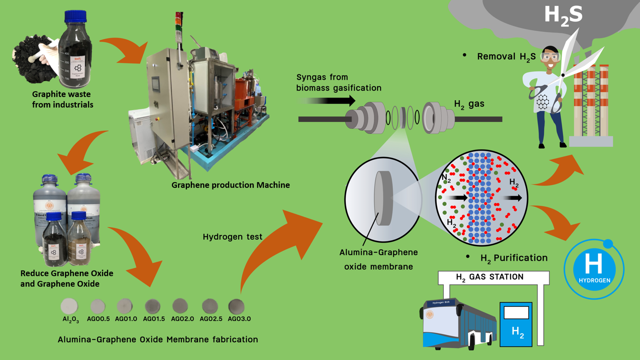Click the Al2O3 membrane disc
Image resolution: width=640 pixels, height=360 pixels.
click(69, 306)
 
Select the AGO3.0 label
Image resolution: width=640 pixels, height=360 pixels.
click(239, 319)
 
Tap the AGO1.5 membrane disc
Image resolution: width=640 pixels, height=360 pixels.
click(153, 306)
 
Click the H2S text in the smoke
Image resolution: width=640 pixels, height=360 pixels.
click(563, 15)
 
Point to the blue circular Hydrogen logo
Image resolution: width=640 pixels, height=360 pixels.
click(594, 269)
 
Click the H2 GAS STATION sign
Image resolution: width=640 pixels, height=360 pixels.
click(490, 277)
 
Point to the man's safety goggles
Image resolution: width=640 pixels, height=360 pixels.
click(550, 57)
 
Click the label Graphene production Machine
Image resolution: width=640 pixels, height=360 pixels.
click(231, 185)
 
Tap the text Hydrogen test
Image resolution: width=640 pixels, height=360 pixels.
click(232, 237)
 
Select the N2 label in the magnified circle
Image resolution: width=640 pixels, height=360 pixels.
click(446, 179)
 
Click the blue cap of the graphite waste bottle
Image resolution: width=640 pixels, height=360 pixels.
click(75, 17)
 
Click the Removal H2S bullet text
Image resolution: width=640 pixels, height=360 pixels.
click(506, 57)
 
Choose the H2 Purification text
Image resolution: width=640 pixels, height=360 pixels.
click(514, 258)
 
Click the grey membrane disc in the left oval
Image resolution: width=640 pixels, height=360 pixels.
click(383, 198)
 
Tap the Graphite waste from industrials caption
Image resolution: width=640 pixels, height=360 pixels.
click(63, 99)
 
